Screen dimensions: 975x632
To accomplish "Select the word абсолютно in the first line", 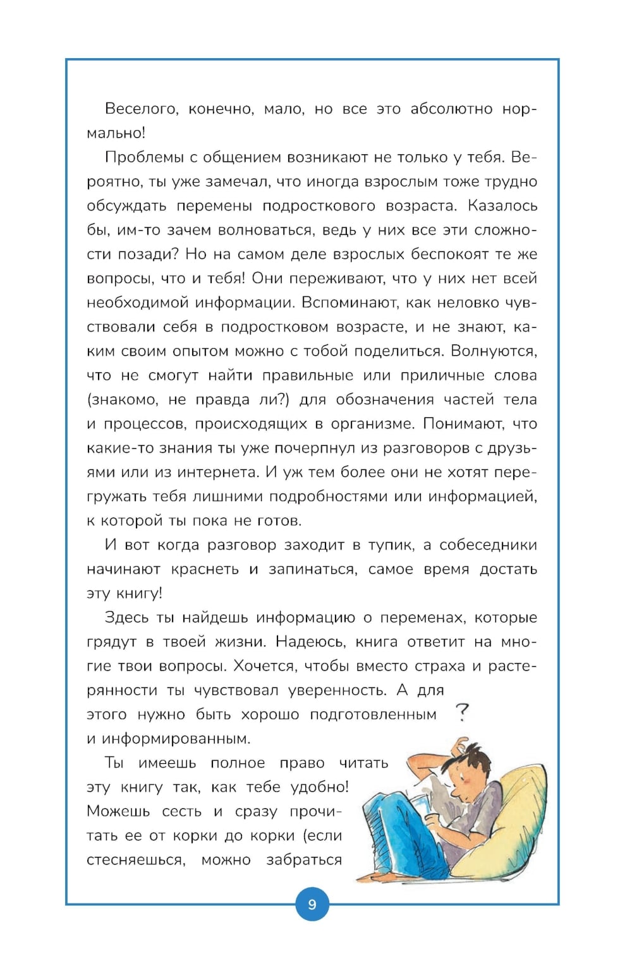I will (x=451, y=109).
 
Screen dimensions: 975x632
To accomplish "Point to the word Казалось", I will (x=504, y=206).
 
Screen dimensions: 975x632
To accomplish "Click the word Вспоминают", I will (x=349, y=303).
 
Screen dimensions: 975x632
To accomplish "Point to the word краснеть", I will (x=205, y=569).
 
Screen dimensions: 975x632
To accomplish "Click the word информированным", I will (x=176, y=739).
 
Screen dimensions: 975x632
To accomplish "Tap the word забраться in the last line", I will (x=303, y=860).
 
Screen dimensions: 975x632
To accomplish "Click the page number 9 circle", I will (x=312, y=904).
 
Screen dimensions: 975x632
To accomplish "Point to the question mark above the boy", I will (x=463, y=713).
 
